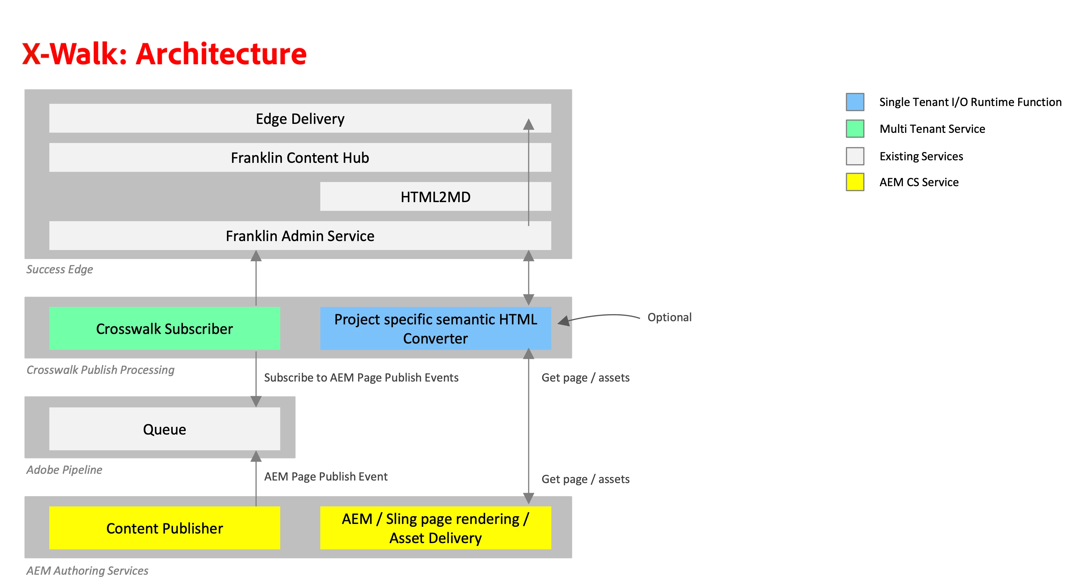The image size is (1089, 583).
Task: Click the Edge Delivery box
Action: pyautogui.click(x=300, y=119)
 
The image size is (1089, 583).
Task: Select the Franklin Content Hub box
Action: pyautogui.click(x=300, y=158)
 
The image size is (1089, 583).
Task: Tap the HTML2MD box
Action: pyautogui.click(x=435, y=197)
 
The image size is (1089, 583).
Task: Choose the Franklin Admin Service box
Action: pyautogui.click(x=300, y=236)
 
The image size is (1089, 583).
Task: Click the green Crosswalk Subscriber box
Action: pyautogui.click(x=164, y=329)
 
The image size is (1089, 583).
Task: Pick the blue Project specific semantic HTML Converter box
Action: pyautogui.click(x=435, y=329)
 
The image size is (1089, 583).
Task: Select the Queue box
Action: pyautogui.click(x=164, y=429)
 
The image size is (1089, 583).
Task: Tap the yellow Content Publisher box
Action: pyautogui.click(x=164, y=528)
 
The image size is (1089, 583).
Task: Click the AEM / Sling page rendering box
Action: pyautogui.click(x=435, y=528)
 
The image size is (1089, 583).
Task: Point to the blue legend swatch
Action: pyautogui.click(x=854, y=102)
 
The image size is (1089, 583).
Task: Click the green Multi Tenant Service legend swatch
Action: pyautogui.click(x=854, y=129)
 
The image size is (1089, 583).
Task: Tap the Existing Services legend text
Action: pyautogui.click(x=921, y=156)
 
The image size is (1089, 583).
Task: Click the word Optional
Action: pyautogui.click(x=669, y=317)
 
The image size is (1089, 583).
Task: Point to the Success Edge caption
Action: pyautogui.click(x=60, y=269)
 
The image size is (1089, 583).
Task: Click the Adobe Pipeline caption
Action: pyautogui.click(x=64, y=470)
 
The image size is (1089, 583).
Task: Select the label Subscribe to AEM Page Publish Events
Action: pyautogui.click(x=361, y=377)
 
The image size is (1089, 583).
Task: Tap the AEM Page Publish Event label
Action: pyautogui.click(x=326, y=476)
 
